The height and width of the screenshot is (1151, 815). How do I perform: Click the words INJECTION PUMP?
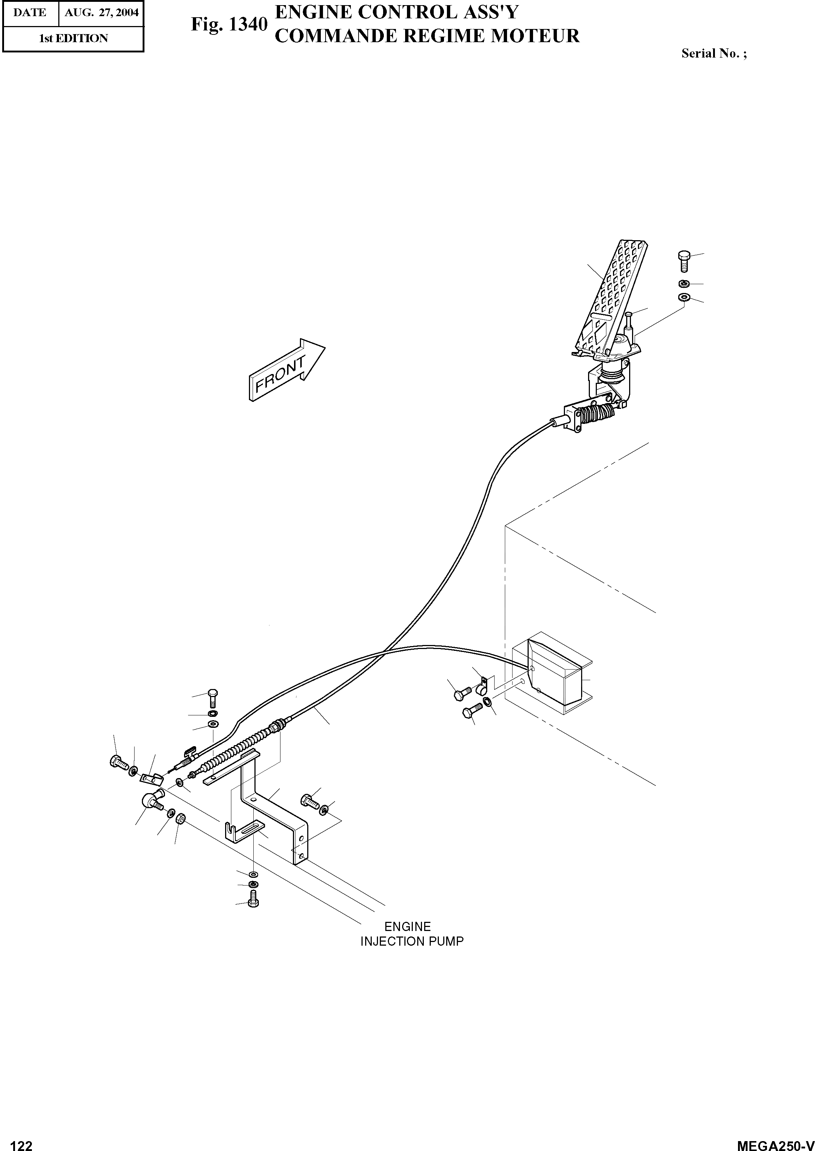click(x=411, y=941)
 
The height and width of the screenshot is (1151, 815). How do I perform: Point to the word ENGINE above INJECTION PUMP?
click(x=408, y=926)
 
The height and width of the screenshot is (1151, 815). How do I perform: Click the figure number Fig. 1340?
click(x=229, y=25)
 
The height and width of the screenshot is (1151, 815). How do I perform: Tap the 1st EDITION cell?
click(x=73, y=39)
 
